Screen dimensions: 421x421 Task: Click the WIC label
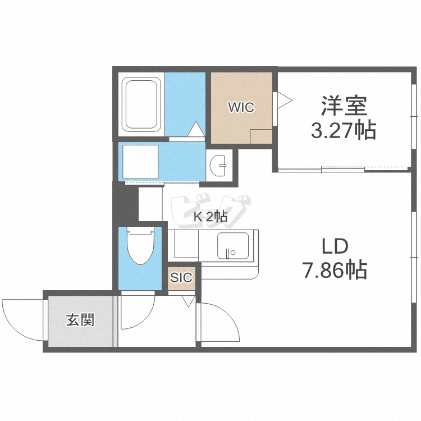pyautogui.click(x=241, y=107)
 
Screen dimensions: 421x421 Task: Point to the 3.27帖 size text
pyautogui.click(x=344, y=130)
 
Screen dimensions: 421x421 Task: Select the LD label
pyautogui.click(x=335, y=246)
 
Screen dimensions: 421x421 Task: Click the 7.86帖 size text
pyautogui.click(x=335, y=270)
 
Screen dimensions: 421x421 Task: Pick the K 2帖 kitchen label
pyautogui.click(x=211, y=217)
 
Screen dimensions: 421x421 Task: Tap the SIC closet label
pyautogui.click(x=181, y=277)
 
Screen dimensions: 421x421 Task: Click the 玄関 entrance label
pyautogui.click(x=80, y=321)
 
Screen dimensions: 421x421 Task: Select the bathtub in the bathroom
pyautogui.click(x=142, y=104)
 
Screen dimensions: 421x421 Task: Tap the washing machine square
pyautogui.click(x=141, y=162)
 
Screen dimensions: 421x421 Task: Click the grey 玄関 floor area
pyautogui.click(x=80, y=331)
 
